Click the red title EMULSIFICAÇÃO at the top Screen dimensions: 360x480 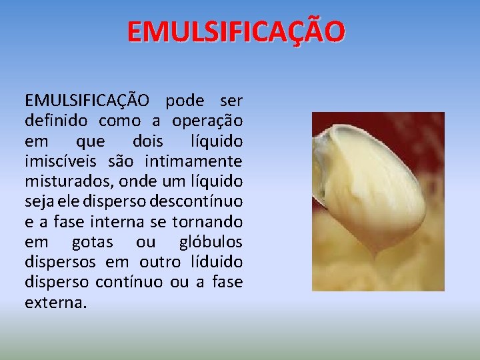(237, 31)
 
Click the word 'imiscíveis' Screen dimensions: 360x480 (61, 161)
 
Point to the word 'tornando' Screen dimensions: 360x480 (207, 221)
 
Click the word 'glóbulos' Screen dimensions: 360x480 (211, 241)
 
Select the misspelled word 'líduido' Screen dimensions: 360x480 (217, 261)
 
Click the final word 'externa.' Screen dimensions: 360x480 (55, 302)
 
